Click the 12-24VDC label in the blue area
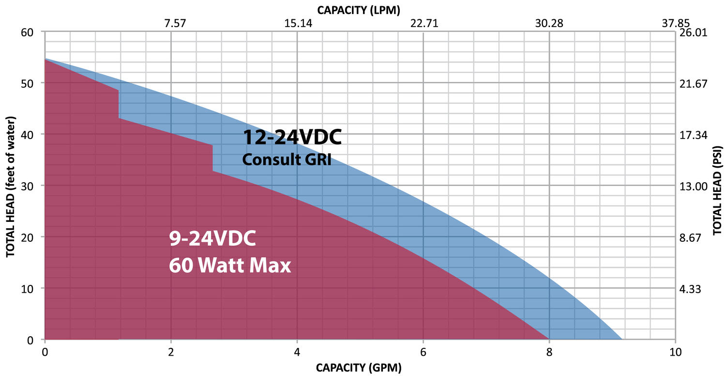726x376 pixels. (x=292, y=138)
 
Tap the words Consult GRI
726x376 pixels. (x=287, y=159)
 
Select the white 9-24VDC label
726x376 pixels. (x=212, y=239)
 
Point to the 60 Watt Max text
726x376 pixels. (x=230, y=266)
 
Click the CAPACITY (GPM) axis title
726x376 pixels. (x=359, y=368)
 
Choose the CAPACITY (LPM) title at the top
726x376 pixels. (x=359, y=9)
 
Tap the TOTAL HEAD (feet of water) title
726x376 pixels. (x=9, y=187)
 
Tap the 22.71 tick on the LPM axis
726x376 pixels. (x=423, y=23)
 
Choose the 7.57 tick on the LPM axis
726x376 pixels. (x=171, y=23)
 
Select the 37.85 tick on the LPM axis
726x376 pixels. (x=675, y=23)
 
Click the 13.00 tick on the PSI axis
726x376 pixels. (x=694, y=187)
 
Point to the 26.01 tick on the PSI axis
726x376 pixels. (x=694, y=32)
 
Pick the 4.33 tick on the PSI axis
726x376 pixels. (x=691, y=289)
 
